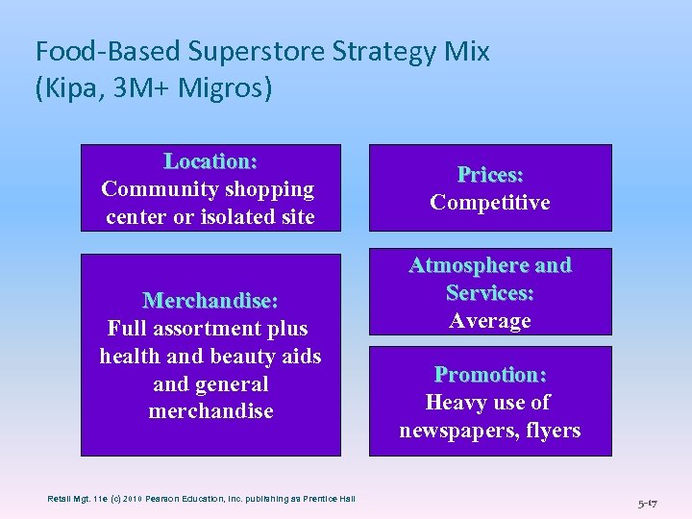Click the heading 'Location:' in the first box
point(210,161)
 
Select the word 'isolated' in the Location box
point(233,217)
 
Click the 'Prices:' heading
point(490,175)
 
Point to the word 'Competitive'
point(490,203)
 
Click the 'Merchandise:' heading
point(210,301)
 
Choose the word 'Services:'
point(490,293)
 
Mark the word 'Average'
point(490,321)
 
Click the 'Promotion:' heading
point(490,375)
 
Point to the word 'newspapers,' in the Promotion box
point(455,431)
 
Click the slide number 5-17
point(649,502)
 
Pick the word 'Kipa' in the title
point(66,88)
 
